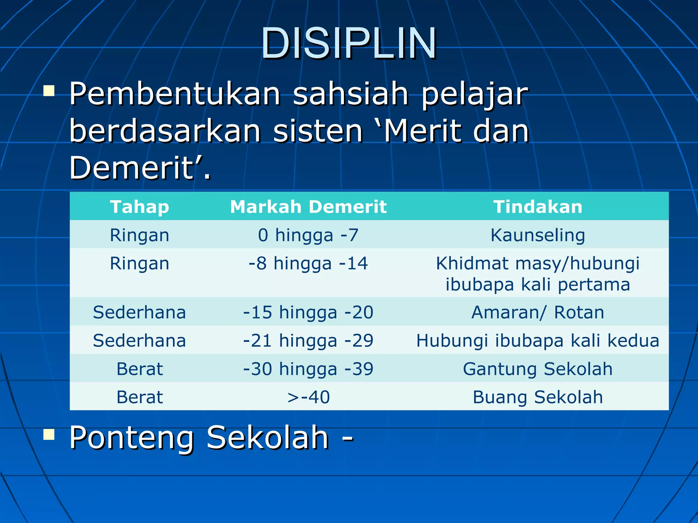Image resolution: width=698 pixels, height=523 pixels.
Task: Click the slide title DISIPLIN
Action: click(x=349, y=44)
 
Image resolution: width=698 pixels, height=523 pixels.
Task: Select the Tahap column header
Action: click(x=139, y=207)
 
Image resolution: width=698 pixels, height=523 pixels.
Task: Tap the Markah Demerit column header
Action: click(x=308, y=207)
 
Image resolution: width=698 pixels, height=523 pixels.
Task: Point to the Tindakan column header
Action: click(x=538, y=207)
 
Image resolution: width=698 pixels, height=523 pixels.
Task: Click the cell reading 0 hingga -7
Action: click(x=308, y=235)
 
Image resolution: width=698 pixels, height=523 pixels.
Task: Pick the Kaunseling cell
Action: click(x=538, y=235)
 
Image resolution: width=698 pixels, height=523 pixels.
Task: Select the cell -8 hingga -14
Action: click(x=308, y=263)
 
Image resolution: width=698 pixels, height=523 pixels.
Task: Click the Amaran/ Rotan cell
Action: click(x=538, y=312)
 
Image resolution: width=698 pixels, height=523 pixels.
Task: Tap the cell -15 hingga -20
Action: click(x=308, y=312)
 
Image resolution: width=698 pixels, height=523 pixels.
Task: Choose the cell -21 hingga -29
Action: click(x=308, y=340)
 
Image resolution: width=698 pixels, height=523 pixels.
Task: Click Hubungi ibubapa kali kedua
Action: click(x=538, y=340)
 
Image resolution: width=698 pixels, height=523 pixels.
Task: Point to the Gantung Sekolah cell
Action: click(x=538, y=369)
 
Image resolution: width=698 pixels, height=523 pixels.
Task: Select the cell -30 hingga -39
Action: click(x=308, y=369)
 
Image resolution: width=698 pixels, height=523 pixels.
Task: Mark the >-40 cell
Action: click(x=308, y=397)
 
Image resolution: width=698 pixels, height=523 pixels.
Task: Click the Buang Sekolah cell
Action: click(x=538, y=397)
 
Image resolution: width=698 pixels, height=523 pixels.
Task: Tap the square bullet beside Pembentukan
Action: click(x=49, y=91)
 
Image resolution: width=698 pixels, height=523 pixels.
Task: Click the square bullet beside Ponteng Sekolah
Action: click(x=49, y=434)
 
